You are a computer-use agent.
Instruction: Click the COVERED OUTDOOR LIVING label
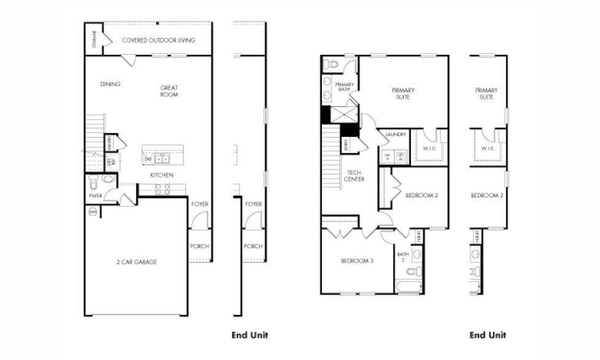tap(158, 41)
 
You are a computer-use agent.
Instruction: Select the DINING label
tap(111, 84)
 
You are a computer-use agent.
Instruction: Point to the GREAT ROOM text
tap(169, 91)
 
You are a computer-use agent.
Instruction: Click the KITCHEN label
tap(162, 175)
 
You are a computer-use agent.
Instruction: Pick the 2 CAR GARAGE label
tap(136, 262)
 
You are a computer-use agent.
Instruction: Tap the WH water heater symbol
tap(93, 212)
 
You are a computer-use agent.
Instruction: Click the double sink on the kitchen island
tap(162, 158)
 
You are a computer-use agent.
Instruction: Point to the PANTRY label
tap(109, 143)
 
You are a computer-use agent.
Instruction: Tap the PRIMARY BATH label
tap(344, 87)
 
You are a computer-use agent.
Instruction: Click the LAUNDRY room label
tap(395, 135)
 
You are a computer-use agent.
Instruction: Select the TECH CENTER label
tap(354, 176)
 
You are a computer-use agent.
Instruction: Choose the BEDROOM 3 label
tap(357, 261)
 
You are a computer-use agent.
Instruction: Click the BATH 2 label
tap(403, 256)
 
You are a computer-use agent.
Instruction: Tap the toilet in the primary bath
tap(332, 64)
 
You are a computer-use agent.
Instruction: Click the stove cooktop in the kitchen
tap(163, 189)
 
